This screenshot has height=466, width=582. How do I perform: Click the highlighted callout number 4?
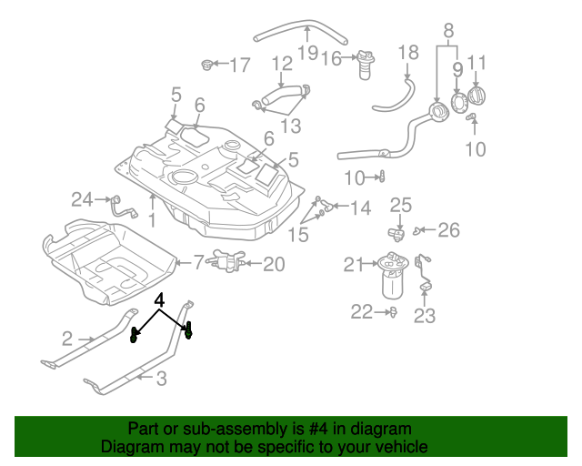point(160,299)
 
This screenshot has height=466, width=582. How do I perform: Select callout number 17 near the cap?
point(239,66)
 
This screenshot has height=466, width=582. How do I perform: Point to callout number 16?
point(330,60)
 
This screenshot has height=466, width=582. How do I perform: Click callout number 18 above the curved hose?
point(408,52)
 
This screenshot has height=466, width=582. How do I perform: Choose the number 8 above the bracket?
point(448,33)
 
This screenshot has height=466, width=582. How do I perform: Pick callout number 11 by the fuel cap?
point(477,63)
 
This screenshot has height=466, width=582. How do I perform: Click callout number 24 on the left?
point(83,198)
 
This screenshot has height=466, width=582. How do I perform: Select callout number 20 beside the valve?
point(274,264)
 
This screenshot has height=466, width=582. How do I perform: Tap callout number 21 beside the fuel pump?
point(354,265)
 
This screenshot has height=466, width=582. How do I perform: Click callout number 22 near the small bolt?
point(362,312)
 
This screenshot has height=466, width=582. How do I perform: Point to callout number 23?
point(425,316)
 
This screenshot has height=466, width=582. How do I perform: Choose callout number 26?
point(449,230)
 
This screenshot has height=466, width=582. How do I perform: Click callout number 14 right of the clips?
point(360,208)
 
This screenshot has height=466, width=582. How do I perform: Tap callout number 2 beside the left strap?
point(67,339)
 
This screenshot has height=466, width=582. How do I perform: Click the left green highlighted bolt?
point(135,334)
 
